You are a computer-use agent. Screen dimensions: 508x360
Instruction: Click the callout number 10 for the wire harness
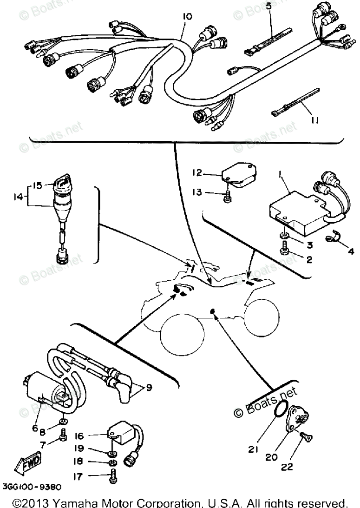(187, 17)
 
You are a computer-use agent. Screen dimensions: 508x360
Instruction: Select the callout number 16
(79, 436)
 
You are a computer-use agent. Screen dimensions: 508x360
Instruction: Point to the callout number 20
(271, 457)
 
